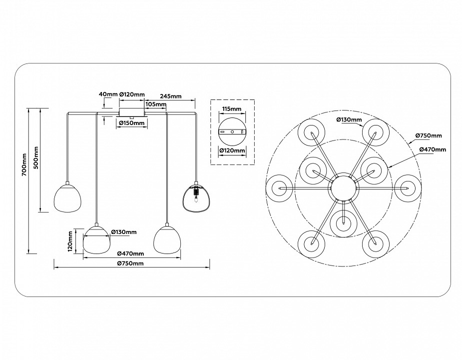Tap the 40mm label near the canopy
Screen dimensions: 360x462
108,94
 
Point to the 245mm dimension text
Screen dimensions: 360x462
170,96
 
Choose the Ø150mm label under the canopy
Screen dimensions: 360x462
132,122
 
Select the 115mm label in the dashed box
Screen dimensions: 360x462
232,108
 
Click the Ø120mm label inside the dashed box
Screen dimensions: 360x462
232,150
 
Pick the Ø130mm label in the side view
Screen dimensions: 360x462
123,231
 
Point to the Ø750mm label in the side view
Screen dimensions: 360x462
130,263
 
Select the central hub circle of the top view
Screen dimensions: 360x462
343,188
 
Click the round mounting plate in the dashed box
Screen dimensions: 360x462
232,131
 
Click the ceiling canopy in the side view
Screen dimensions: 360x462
132,111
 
